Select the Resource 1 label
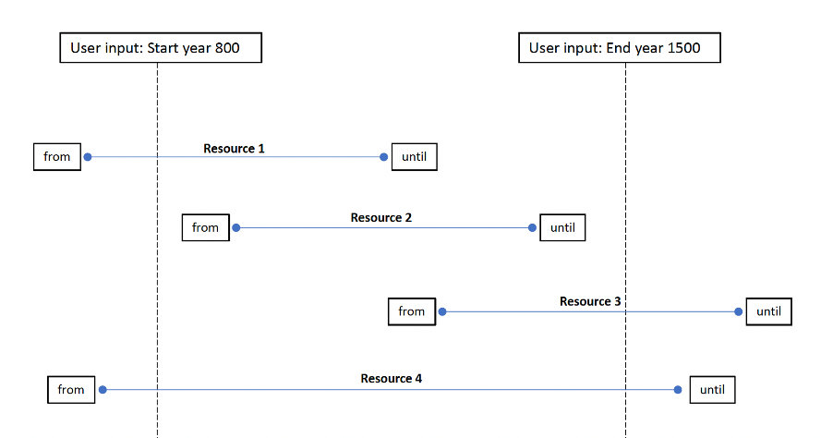coord(235,148)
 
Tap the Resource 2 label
coord(380,218)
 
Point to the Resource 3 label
coord(590,301)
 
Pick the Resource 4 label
coord(392,379)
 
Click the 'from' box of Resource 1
coord(57,157)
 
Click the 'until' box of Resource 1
coord(414,157)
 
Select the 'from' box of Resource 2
coord(205,227)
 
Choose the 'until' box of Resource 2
coord(562,227)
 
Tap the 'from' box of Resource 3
coord(411,311)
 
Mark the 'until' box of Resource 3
coord(768,311)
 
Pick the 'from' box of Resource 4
coord(71,390)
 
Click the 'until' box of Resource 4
coord(712,390)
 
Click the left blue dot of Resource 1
coord(88,157)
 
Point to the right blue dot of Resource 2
coord(532,227)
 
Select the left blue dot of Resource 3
coord(441,311)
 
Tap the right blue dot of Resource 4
coord(679,390)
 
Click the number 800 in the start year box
coord(227,48)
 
